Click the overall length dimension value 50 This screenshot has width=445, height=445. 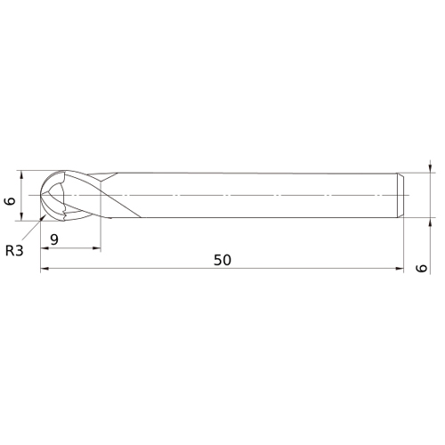coord(222,260)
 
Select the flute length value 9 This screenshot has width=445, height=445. coord(54,239)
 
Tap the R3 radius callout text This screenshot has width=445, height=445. coord(14,251)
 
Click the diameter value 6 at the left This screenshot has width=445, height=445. coord(10,201)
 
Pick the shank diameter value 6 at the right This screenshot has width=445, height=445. coord(421,268)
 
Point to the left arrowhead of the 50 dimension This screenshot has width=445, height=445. coord(44,269)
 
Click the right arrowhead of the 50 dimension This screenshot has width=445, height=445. coord(400,269)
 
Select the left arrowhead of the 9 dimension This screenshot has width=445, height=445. coord(44,248)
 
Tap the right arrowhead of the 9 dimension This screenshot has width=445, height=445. coord(97,248)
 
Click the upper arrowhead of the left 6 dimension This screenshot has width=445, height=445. coord(20,174)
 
